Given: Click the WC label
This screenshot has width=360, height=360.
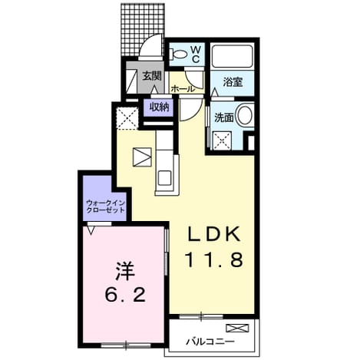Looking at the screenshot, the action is (x=196, y=54).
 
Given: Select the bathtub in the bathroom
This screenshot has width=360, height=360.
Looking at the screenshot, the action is (x=233, y=56).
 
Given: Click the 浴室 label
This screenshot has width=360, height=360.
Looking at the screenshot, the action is (x=233, y=82).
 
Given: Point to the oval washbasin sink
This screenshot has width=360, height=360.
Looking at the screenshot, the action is (x=245, y=114).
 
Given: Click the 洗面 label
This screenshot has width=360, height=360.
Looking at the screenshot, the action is (x=224, y=117).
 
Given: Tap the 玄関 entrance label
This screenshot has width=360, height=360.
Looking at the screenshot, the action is (x=152, y=76).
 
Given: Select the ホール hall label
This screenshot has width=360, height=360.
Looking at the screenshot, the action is (x=183, y=89).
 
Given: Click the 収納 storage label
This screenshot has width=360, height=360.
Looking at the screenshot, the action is (x=159, y=107).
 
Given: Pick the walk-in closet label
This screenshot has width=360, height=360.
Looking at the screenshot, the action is (x=106, y=206).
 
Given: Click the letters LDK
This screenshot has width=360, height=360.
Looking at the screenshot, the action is (x=214, y=233).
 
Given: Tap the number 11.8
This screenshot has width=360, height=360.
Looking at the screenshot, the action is (x=214, y=259).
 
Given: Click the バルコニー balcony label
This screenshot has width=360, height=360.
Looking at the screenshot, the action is (x=210, y=342).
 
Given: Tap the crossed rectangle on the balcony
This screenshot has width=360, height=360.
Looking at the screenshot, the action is (x=237, y=328).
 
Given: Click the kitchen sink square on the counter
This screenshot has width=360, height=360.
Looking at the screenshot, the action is (x=164, y=178).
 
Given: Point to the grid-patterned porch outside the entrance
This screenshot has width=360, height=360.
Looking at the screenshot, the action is (x=142, y=29).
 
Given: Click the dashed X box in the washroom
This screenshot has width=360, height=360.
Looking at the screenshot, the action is (x=222, y=140).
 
